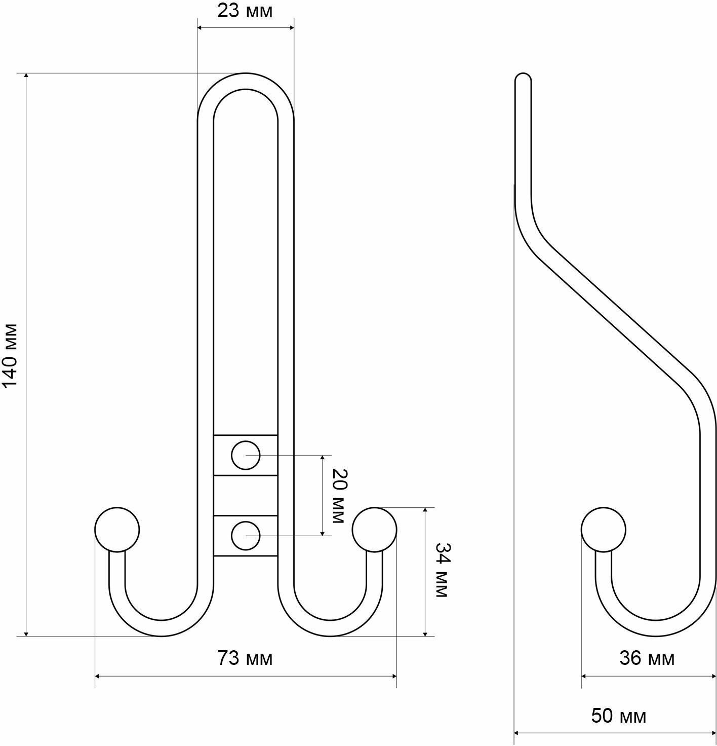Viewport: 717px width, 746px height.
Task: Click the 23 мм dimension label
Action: tap(245, 11)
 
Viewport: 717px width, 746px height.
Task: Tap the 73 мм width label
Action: tap(245, 658)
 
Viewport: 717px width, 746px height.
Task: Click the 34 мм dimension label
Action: tap(442, 570)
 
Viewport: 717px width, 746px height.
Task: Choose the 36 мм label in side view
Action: tap(647, 658)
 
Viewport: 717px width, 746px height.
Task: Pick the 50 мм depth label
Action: tap(619, 716)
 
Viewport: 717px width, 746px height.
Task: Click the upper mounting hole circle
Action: tap(246, 455)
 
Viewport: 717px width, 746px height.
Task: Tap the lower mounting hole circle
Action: tap(246, 535)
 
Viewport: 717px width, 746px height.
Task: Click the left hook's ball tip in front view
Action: tap(117, 530)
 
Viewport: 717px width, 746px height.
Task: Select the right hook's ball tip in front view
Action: tap(375, 530)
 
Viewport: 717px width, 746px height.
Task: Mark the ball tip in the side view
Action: tap(603, 530)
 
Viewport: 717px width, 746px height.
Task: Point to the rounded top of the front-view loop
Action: tap(246, 81)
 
